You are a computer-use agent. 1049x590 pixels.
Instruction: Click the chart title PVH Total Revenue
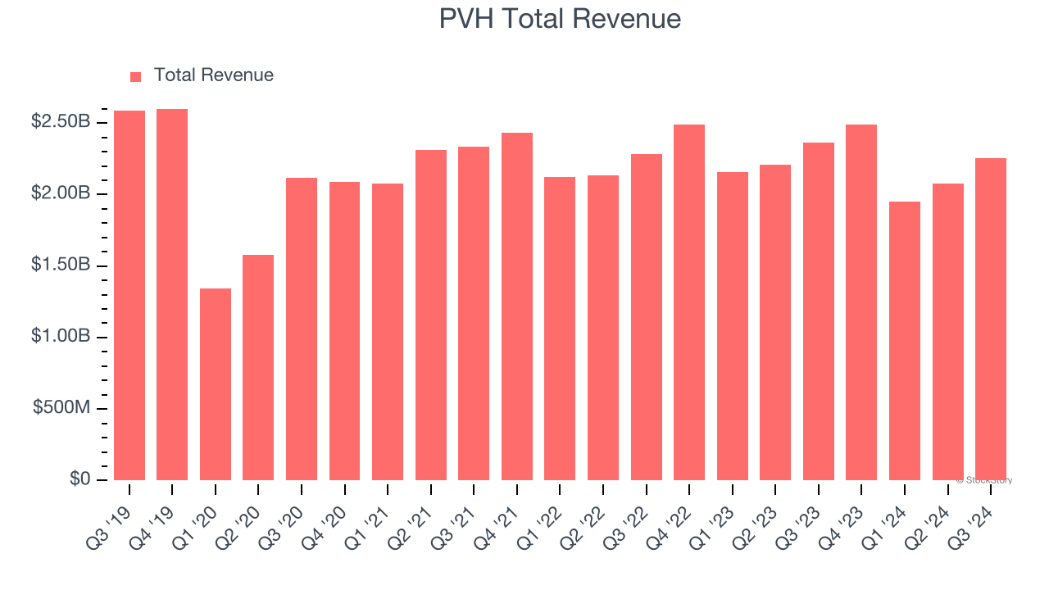click(x=560, y=18)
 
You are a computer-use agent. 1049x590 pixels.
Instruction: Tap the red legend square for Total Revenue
click(x=136, y=76)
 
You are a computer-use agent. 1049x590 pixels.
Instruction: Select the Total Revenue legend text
click(x=213, y=75)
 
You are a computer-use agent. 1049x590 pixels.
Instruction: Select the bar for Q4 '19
click(x=172, y=294)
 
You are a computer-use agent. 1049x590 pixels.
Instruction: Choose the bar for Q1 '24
click(x=905, y=340)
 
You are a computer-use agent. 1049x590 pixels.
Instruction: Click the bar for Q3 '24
click(x=991, y=319)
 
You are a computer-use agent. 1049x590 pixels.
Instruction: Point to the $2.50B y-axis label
click(x=61, y=122)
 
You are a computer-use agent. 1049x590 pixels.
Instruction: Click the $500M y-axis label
click(x=61, y=408)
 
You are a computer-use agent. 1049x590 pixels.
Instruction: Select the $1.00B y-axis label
click(x=61, y=337)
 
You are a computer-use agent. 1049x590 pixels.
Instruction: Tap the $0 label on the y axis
click(x=79, y=479)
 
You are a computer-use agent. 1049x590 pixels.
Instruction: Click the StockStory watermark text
click(x=984, y=480)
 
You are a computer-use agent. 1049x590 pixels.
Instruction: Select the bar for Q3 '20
click(x=302, y=329)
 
